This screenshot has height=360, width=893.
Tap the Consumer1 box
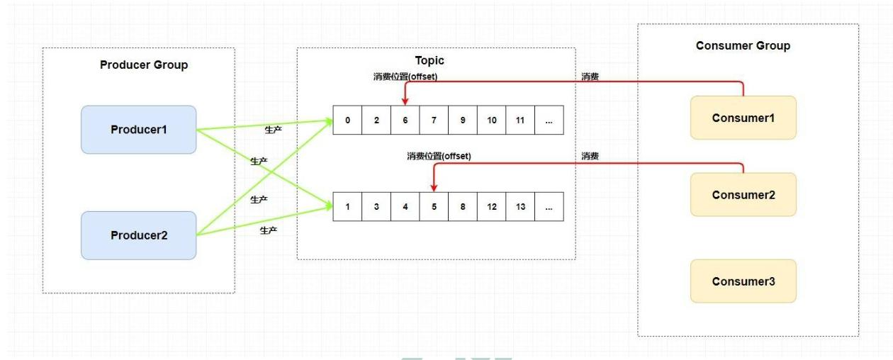[x=743, y=116]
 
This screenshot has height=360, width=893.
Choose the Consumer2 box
[x=743, y=194]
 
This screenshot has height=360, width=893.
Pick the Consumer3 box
[x=743, y=281]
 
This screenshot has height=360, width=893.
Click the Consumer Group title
[x=743, y=46]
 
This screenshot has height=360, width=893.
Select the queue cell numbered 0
[x=347, y=120]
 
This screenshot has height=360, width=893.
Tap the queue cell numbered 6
[x=405, y=120]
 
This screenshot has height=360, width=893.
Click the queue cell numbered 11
[x=520, y=120]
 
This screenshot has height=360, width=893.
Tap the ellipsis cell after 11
[x=549, y=120]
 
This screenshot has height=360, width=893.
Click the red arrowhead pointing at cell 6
[x=405, y=102]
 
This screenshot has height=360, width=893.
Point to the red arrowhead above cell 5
[x=433, y=188]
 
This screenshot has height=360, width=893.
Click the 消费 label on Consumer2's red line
[x=590, y=156]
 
